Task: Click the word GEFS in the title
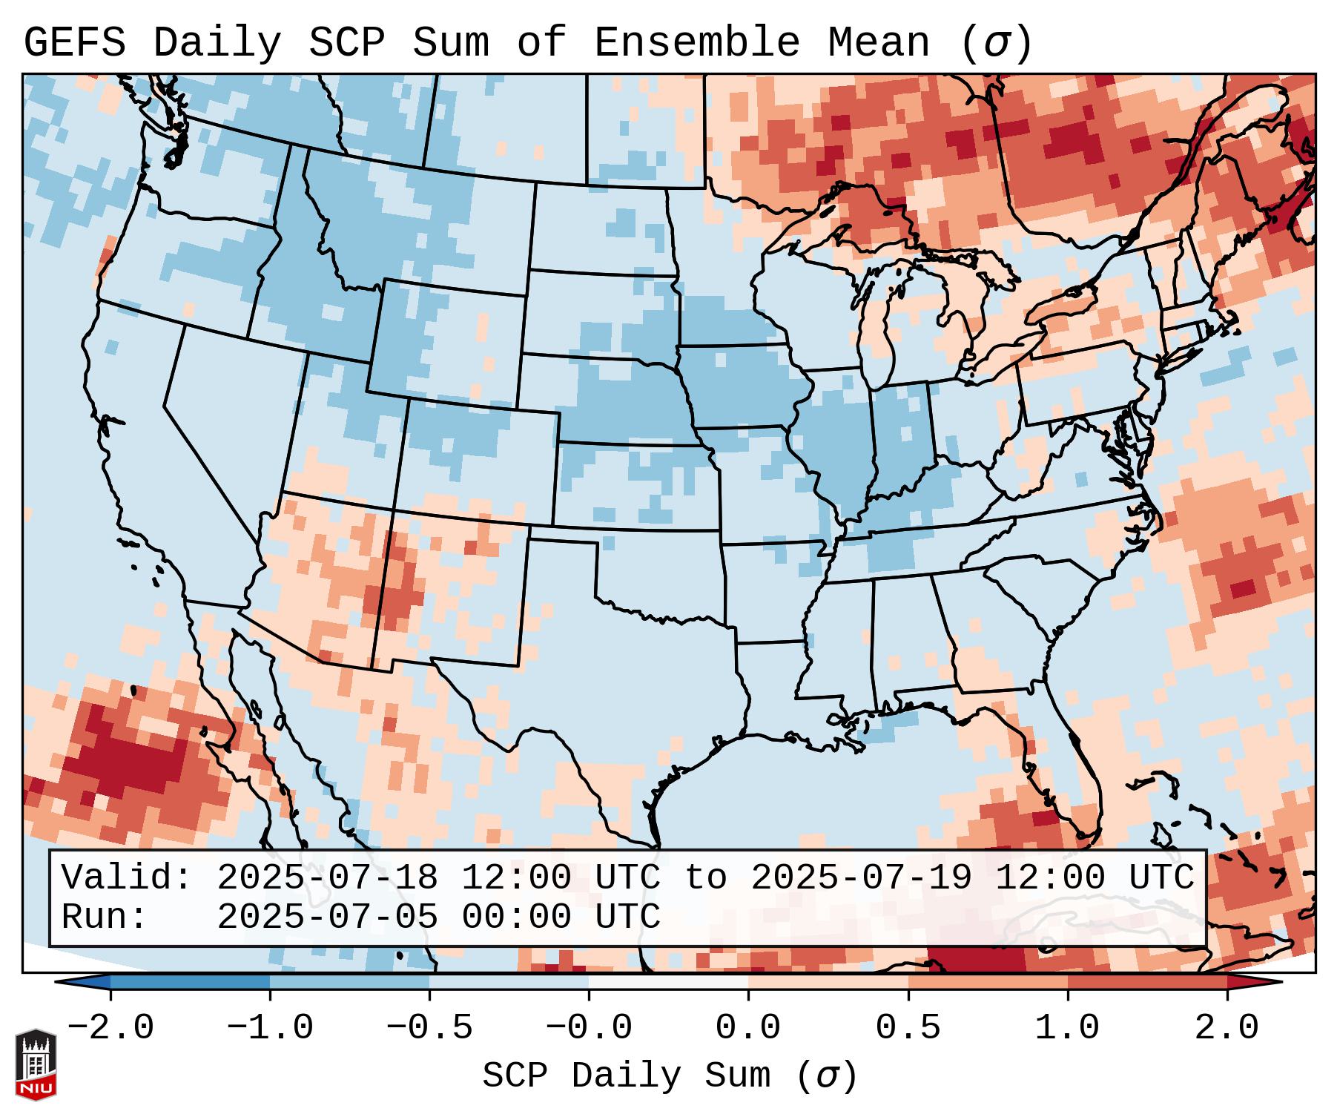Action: pos(74,43)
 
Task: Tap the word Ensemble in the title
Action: pos(697,43)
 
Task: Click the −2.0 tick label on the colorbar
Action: pos(110,1028)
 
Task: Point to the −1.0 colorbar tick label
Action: pos(270,1028)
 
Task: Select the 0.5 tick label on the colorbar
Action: pos(908,1028)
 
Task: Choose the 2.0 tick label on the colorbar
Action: pos(1227,1028)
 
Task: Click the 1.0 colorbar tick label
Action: pos(1067,1028)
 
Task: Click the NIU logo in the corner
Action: pos(36,1064)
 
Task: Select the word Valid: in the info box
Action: pos(127,878)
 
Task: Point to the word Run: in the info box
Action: pos(105,917)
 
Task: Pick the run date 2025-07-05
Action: pos(327,917)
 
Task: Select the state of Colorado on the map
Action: pos(478,460)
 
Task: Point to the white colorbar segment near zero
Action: pos(668,982)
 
